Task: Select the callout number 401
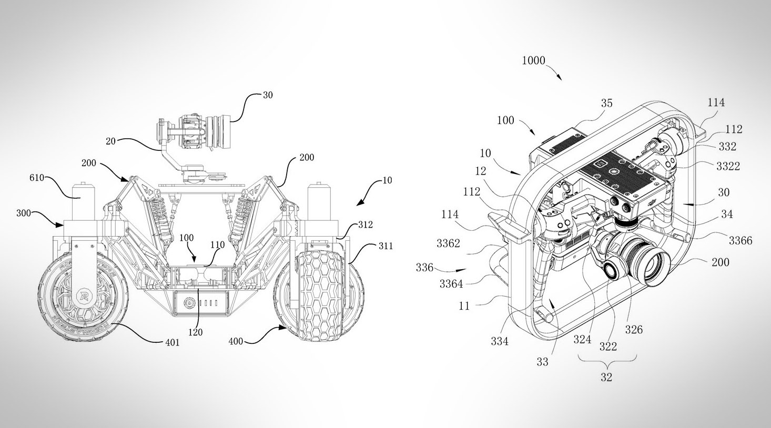(171, 343)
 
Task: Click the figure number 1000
(533, 60)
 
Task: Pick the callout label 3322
(728, 166)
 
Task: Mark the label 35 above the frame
(606, 104)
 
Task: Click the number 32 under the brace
(606, 377)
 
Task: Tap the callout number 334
(500, 341)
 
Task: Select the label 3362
(449, 244)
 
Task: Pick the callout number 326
(634, 330)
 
